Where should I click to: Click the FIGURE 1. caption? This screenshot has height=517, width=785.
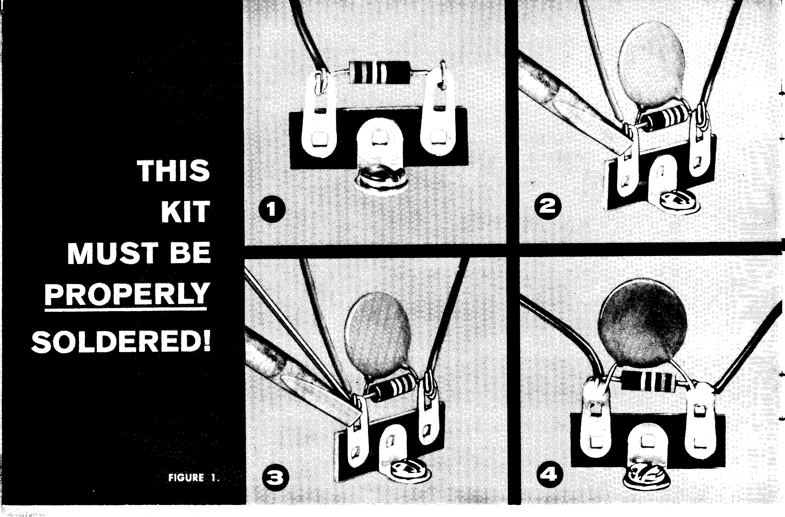click(x=194, y=478)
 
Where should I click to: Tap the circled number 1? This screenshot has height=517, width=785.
click(x=272, y=209)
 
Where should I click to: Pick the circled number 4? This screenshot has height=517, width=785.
click(x=550, y=475)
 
